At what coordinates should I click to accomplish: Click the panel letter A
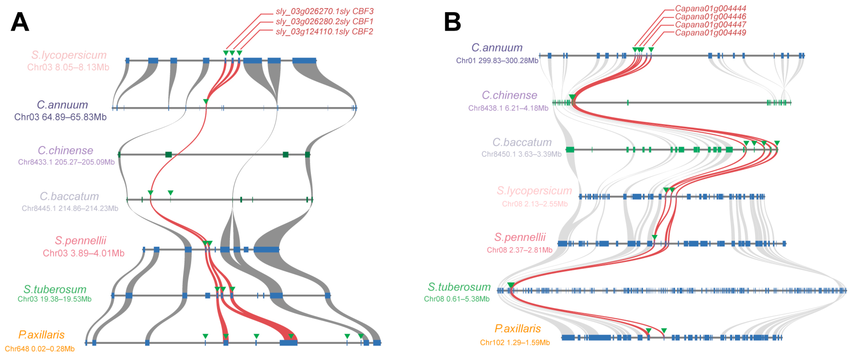[x=20, y=22]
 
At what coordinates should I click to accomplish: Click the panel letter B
[x=452, y=22]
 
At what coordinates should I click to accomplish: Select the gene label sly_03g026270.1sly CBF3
[x=324, y=11]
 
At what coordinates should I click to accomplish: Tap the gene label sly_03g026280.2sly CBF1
[x=324, y=22]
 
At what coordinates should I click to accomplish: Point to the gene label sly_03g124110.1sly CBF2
[x=324, y=32]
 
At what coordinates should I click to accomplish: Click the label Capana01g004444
[x=710, y=8]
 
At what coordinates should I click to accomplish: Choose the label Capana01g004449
[x=710, y=33]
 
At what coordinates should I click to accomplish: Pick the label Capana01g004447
[x=710, y=25]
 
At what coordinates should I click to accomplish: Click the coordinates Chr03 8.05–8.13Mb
[x=68, y=67]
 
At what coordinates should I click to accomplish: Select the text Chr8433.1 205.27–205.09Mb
[x=66, y=162]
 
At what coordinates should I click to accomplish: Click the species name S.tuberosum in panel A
[x=55, y=289]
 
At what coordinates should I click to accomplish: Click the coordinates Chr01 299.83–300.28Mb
[x=497, y=61]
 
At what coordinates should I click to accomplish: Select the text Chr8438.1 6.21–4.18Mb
[x=508, y=108]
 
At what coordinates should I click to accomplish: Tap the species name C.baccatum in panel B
[x=522, y=142]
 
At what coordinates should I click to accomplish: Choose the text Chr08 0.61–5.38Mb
[x=457, y=299]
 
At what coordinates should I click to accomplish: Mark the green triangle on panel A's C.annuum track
[x=206, y=101]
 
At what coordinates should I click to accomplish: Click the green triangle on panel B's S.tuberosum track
[x=511, y=285]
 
